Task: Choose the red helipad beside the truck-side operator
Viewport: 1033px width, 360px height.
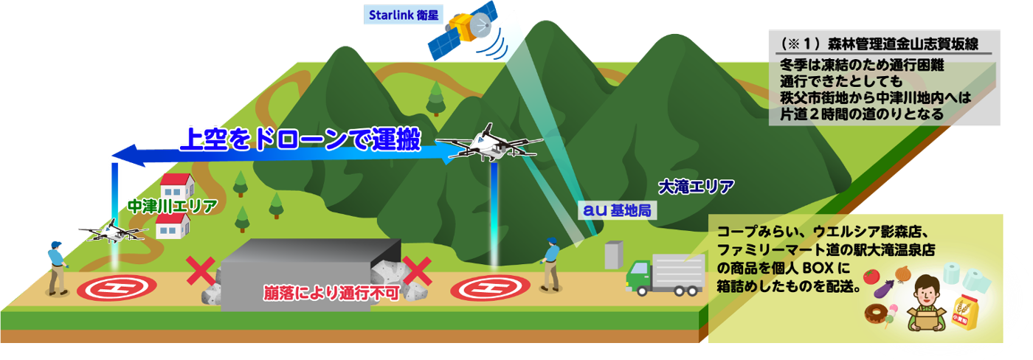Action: pyautogui.click(x=489, y=286)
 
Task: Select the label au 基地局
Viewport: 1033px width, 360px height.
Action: pyautogui.click(x=617, y=211)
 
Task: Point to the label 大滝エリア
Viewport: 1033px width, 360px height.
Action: pyautogui.click(x=695, y=185)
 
